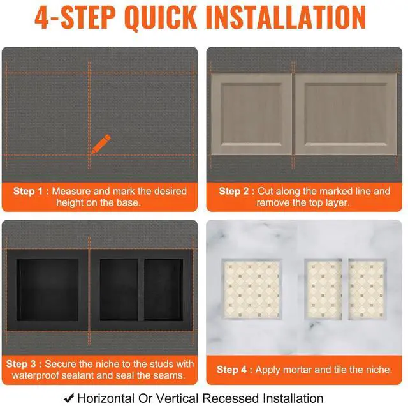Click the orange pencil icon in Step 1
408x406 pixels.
click(x=101, y=144)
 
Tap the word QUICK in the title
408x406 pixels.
click(x=161, y=17)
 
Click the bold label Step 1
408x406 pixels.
click(x=28, y=191)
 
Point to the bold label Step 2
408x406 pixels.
click(x=234, y=191)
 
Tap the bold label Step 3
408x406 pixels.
click(x=21, y=364)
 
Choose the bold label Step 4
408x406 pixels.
click(x=231, y=370)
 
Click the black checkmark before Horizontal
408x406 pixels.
click(x=69, y=398)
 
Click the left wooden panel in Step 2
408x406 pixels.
click(x=251, y=114)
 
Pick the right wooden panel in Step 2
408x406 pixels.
click(x=346, y=114)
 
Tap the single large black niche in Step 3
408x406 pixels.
click(x=47, y=290)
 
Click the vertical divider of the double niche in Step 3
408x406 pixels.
click(x=141, y=290)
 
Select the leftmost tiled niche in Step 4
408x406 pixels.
click(x=252, y=289)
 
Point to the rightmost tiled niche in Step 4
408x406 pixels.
click(x=367, y=289)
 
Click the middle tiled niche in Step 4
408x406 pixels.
click(x=323, y=289)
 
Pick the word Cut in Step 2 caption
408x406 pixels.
click(x=265, y=191)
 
